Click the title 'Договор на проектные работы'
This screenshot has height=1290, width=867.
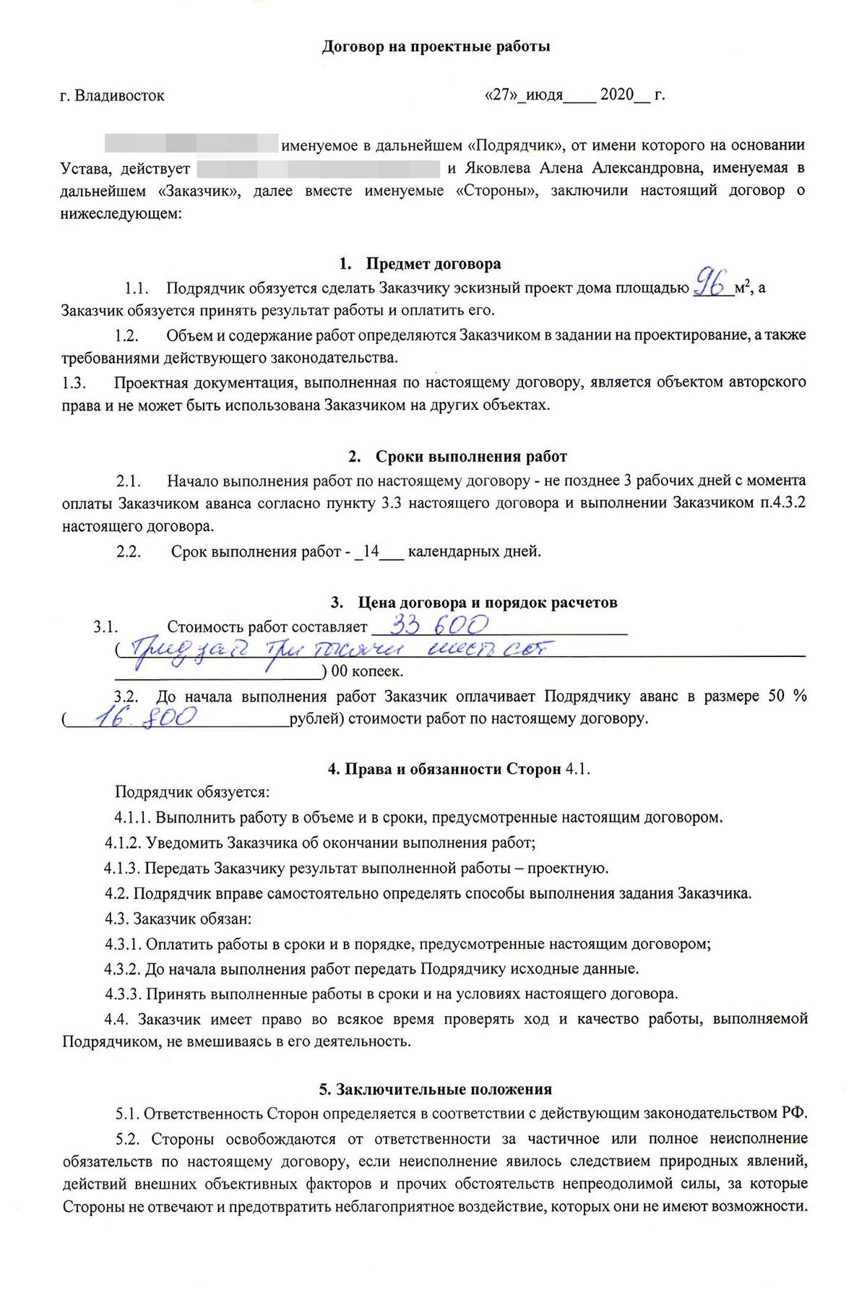click(x=436, y=47)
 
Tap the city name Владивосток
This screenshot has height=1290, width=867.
click(x=119, y=95)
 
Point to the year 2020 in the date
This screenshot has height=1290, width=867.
click(x=616, y=95)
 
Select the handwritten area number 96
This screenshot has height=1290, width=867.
click(x=709, y=283)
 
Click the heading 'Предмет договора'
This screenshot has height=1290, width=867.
click(x=433, y=264)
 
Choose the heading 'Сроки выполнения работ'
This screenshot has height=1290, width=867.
click(x=470, y=457)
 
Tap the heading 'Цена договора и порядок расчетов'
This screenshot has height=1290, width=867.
click(x=487, y=603)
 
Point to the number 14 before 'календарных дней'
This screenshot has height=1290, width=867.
click(x=371, y=552)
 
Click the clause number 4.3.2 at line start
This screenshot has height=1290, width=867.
click(x=122, y=969)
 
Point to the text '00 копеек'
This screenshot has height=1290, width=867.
click(x=367, y=671)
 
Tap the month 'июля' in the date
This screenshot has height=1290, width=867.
click(x=544, y=95)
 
